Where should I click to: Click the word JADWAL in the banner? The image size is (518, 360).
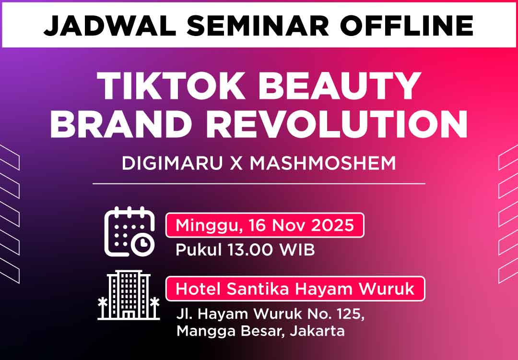coord(110,25)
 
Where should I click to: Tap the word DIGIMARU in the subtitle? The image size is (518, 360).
coord(172,163)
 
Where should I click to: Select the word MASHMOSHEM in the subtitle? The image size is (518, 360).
coord(323,163)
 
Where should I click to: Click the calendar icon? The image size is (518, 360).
coord(129,231)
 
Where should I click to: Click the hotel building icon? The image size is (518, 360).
coord(129,295)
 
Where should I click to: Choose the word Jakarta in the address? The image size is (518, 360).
coord(317,331)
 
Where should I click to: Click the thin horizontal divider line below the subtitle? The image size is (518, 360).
coord(259,183)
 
